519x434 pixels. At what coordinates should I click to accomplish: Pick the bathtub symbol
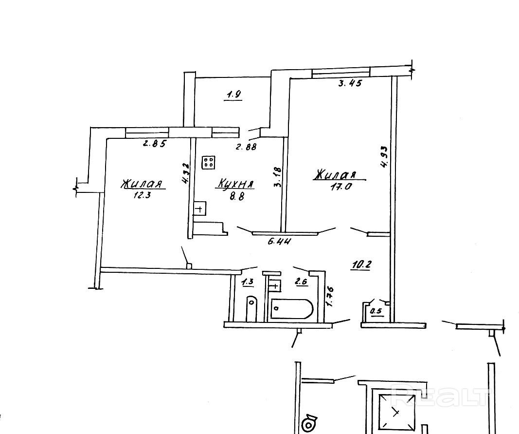pos(292,308)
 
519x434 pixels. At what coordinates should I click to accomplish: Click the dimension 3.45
pos(350,83)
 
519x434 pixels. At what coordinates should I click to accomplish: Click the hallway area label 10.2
pos(361,264)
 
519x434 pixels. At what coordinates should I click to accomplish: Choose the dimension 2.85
pos(154,144)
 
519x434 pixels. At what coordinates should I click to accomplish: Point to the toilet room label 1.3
pos(248,281)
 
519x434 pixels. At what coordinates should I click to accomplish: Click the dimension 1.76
pos(330,296)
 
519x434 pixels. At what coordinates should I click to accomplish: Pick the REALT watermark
pos(440,395)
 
